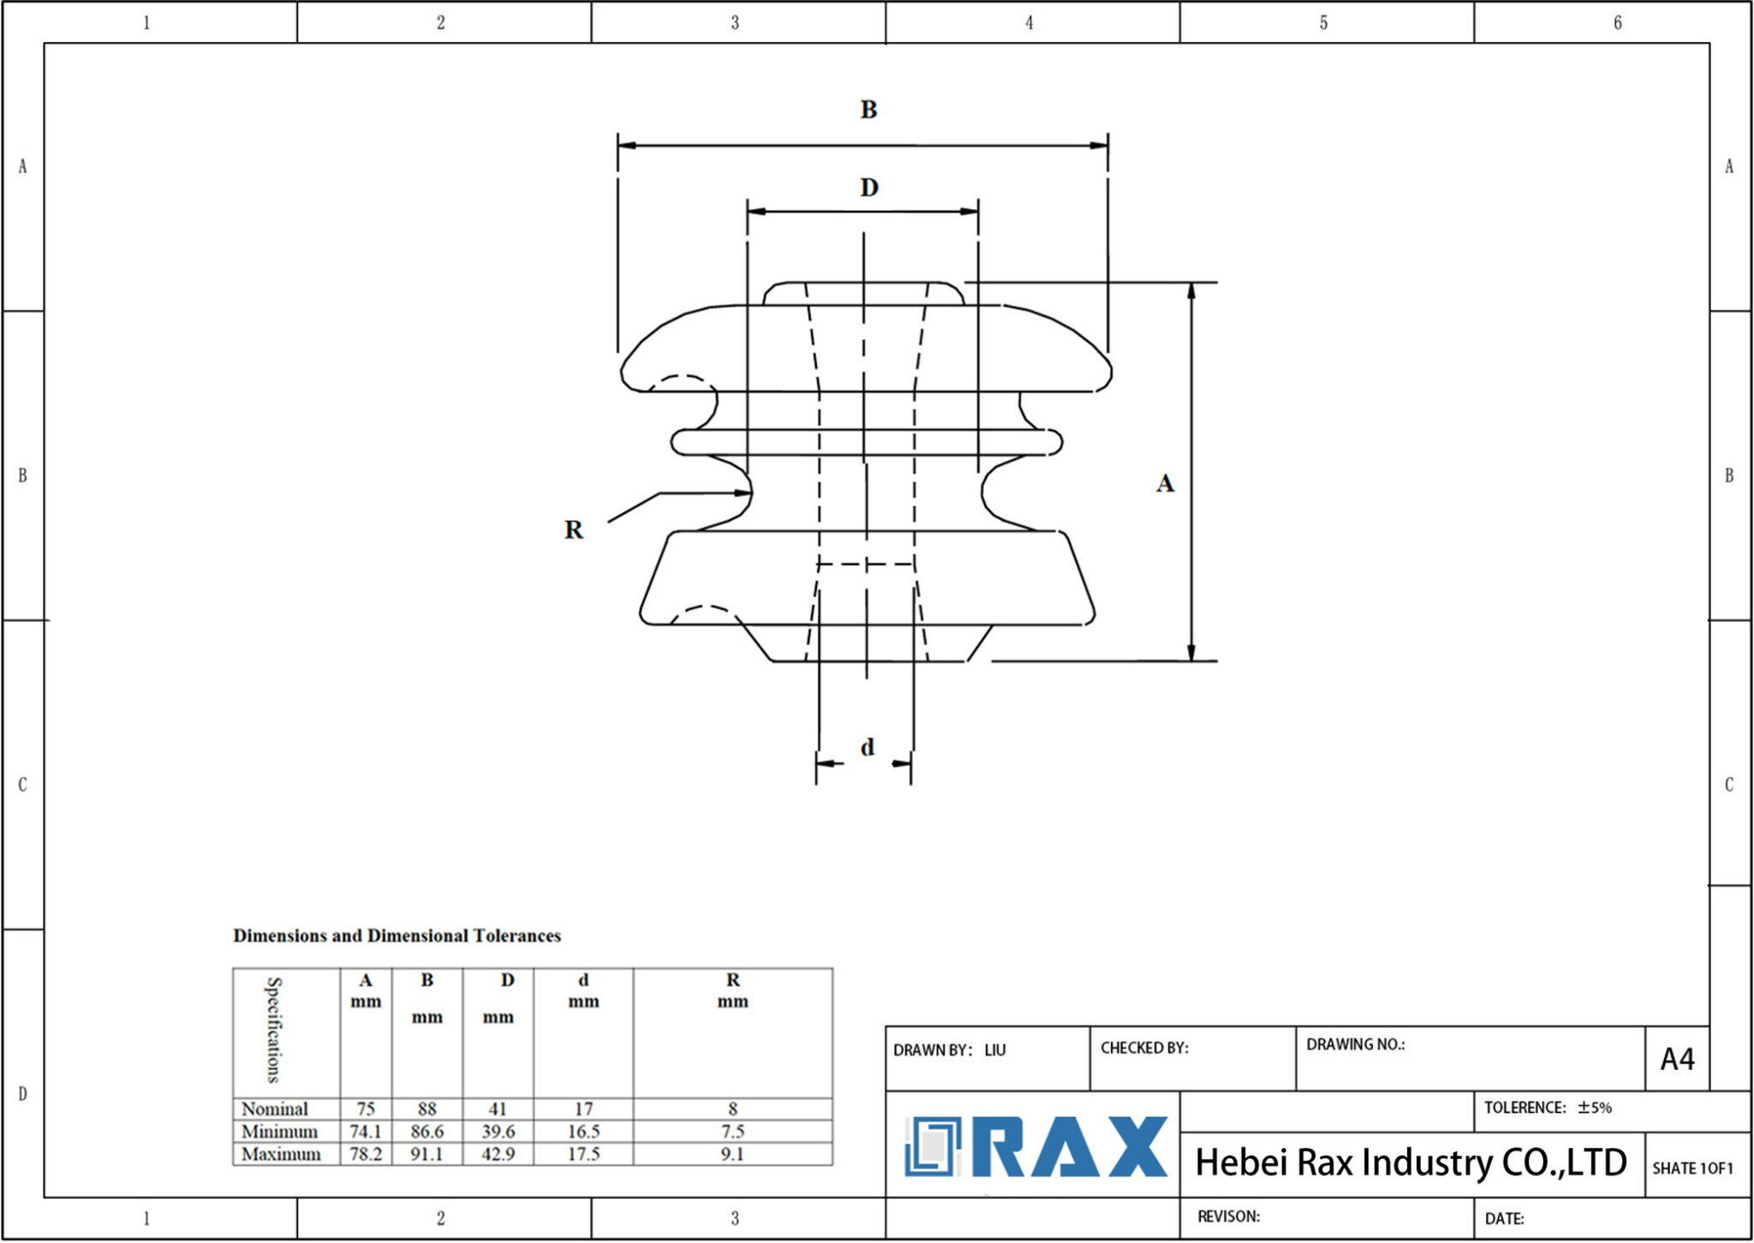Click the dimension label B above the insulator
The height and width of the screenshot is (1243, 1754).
(x=868, y=110)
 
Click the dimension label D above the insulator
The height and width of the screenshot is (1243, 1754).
(x=868, y=187)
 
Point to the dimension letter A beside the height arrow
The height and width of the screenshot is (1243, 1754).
(x=1165, y=483)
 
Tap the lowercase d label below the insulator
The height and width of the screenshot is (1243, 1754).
(x=867, y=747)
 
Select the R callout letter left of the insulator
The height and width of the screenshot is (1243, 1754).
(x=573, y=529)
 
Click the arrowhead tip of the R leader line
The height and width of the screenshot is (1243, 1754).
(x=750, y=493)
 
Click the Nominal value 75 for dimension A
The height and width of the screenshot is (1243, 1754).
(x=366, y=1109)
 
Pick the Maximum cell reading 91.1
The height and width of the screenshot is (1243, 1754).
(x=427, y=1154)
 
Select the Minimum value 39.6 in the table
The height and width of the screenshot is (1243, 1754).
(x=498, y=1132)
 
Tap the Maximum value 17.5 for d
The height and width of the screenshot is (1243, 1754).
(x=583, y=1154)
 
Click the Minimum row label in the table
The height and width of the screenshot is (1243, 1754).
(x=279, y=1132)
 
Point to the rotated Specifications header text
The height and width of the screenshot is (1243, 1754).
(x=273, y=1031)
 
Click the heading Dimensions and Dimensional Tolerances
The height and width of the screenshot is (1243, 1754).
(x=397, y=935)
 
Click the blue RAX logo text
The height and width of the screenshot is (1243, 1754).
(x=1071, y=1147)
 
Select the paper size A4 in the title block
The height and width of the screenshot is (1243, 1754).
(x=1677, y=1060)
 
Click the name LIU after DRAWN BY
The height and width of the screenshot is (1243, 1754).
(x=995, y=1050)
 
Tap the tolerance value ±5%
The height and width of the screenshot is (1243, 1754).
(x=1595, y=1108)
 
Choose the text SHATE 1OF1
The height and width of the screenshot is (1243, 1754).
(x=1692, y=1168)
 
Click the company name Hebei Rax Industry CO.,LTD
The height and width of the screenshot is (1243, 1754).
(x=1411, y=1162)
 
